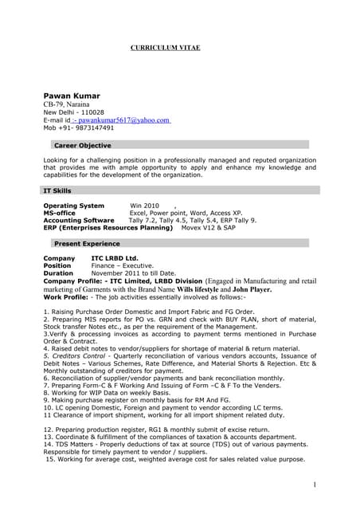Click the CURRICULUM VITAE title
165,49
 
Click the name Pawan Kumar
71,96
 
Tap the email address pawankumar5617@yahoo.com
123,120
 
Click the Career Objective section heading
82,146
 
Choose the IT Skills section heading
57,191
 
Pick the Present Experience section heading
87,241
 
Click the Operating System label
73,206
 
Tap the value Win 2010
144,206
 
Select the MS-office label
60,213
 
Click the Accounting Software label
79,220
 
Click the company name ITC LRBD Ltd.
114,258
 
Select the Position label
57,266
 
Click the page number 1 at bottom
315,484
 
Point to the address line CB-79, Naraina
68,104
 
